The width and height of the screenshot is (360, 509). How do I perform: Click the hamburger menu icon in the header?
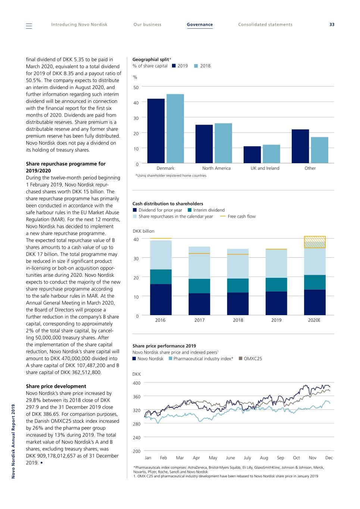click(x=29, y=26)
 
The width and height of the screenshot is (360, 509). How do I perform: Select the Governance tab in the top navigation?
click(x=200, y=25)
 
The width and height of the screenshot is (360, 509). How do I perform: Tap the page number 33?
click(x=332, y=25)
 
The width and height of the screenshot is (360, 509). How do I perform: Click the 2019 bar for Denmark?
click(x=156, y=131)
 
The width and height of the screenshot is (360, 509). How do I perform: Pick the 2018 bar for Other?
click(x=320, y=150)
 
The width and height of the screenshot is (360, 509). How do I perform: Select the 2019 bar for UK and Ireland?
click(x=252, y=155)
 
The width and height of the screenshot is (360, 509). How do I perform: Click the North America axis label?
click(x=216, y=168)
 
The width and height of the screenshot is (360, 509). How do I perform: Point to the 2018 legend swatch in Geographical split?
click(x=196, y=66)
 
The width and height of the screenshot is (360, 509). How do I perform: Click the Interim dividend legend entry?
click(x=206, y=210)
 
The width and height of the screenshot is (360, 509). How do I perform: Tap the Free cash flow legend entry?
click(x=238, y=216)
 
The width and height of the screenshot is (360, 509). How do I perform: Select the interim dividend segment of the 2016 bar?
click(x=161, y=277)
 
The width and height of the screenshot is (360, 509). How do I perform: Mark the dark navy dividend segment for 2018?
click(x=238, y=304)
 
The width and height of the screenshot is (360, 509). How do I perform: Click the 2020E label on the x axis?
click(x=314, y=320)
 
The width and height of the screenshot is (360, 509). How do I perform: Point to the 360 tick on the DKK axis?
click(x=137, y=397)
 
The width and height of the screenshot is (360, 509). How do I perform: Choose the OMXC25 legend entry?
click(x=250, y=359)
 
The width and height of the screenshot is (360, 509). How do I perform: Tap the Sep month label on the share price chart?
click(x=281, y=458)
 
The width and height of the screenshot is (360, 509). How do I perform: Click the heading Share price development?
click(x=56, y=386)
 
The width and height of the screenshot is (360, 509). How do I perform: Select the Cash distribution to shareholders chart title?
click(x=168, y=204)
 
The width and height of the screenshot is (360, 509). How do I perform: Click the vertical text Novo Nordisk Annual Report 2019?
click(x=13, y=441)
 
